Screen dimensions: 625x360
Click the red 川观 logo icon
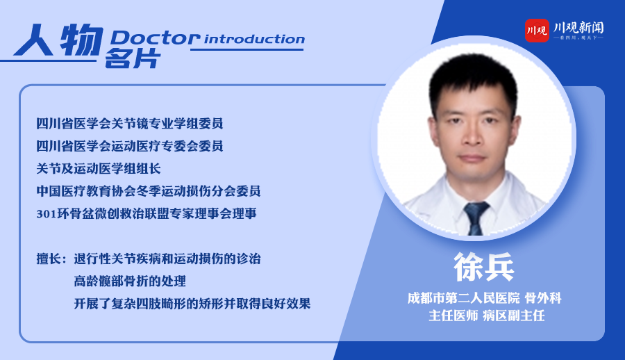click(x=537, y=31)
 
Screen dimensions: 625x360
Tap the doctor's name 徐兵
click(x=484, y=267)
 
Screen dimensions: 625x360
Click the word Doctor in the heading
click(x=155, y=38)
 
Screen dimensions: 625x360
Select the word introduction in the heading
click(x=255, y=39)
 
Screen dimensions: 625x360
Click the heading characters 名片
click(x=133, y=58)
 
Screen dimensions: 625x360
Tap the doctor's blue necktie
click(x=476, y=219)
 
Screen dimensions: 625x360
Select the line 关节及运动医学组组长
click(x=99, y=168)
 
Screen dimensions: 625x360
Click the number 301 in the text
click(x=47, y=214)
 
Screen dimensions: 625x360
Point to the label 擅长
click(x=49, y=259)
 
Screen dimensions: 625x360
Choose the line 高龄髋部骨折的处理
click(x=130, y=281)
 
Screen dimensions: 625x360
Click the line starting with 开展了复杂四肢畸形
click(x=192, y=304)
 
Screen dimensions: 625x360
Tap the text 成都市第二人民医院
click(x=464, y=298)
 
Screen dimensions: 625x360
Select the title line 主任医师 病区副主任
click(x=487, y=316)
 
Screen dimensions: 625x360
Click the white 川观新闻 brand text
click(x=578, y=28)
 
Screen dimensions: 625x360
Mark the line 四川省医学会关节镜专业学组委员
click(x=130, y=123)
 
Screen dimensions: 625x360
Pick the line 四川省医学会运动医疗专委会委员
click(x=130, y=146)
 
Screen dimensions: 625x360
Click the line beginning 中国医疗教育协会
click(x=149, y=191)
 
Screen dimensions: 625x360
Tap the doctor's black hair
click(x=473, y=76)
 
